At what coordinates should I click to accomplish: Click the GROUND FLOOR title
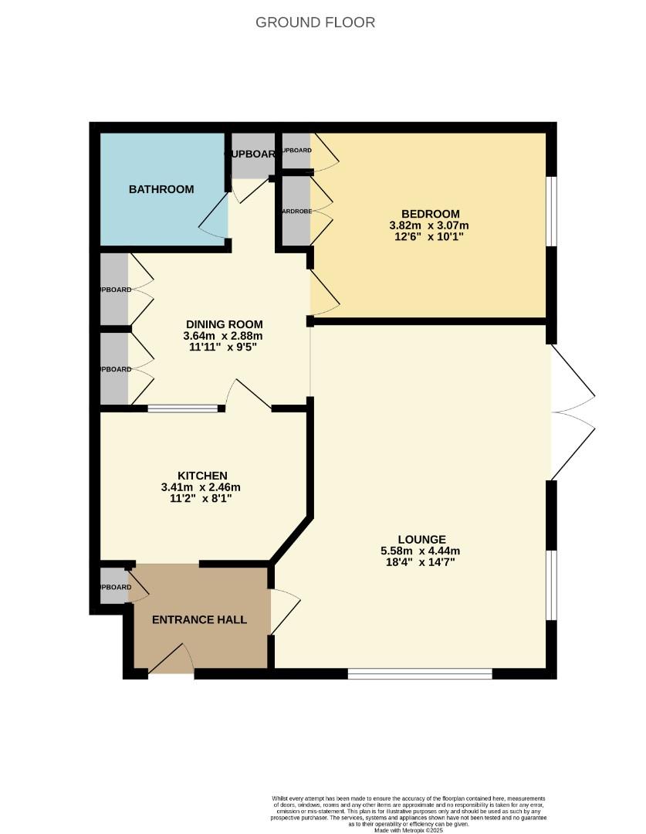[315, 22]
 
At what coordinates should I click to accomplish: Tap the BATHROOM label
[161, 189]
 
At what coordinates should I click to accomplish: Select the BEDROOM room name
[430, 214]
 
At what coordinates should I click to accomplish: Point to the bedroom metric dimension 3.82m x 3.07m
[430, 225]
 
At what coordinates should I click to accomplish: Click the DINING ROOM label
[224, 324]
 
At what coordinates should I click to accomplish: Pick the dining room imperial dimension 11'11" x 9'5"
[224, 347]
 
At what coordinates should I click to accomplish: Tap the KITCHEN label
[201, 476]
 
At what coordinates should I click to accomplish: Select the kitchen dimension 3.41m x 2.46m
[201, 487]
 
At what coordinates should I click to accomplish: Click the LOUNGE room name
[421, 539]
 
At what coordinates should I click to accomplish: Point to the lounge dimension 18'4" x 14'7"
[421, 562]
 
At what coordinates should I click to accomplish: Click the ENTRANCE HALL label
[199, 619]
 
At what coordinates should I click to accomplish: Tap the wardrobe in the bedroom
[296, 211]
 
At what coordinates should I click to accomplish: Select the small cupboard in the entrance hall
[114, 587]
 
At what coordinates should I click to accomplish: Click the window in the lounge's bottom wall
[420, 674]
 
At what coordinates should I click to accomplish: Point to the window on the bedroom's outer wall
[551, 212]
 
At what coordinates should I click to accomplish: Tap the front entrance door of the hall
[171, 661]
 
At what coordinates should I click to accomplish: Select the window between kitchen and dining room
[183, 408]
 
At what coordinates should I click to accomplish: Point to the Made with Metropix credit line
[409, 830]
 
